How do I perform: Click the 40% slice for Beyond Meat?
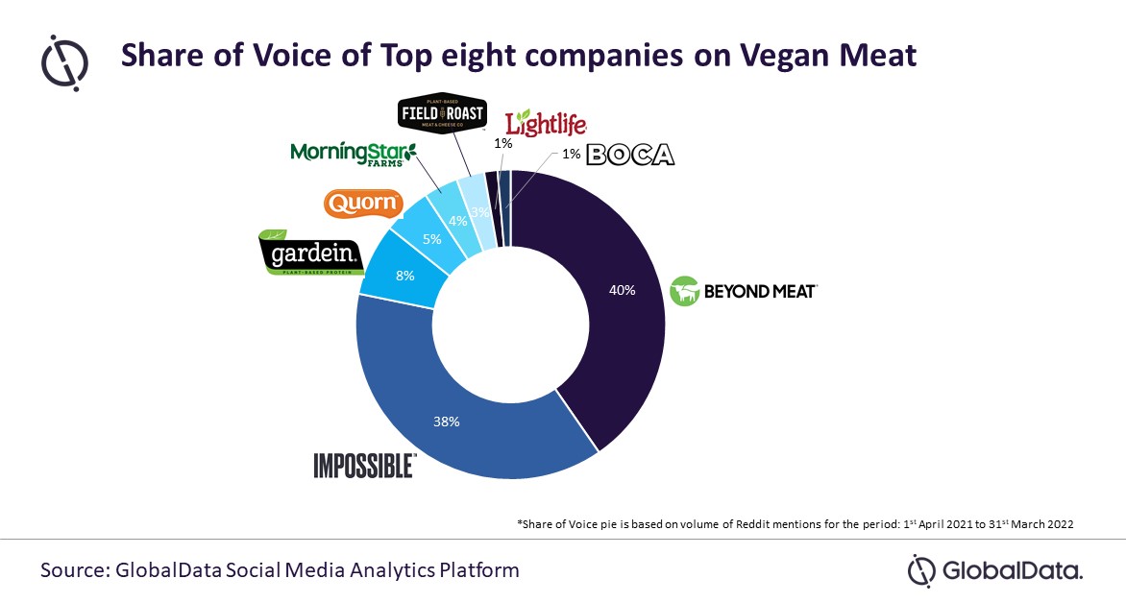coord(615,288)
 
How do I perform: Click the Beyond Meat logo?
coord(743,290)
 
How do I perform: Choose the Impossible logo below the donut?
coord(364,466)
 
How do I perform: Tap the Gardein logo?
coord(310,252)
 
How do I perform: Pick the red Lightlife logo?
coord(545,123)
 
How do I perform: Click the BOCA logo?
coord(630,155)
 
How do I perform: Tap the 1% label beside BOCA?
coord(571,155)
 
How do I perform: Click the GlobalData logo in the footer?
coord(995,571)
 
